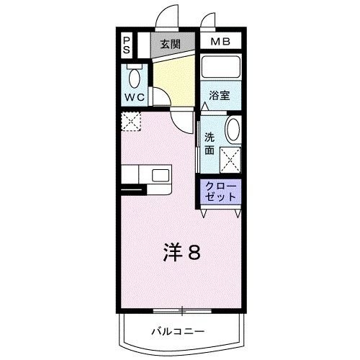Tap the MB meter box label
pyautogui.click(x=220, y=42)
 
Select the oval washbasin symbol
pyautogui.click(x=233, y=131)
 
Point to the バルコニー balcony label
pyautogui.click(x=178, y=332)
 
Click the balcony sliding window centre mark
pyautogui.click(x=182, y=311)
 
